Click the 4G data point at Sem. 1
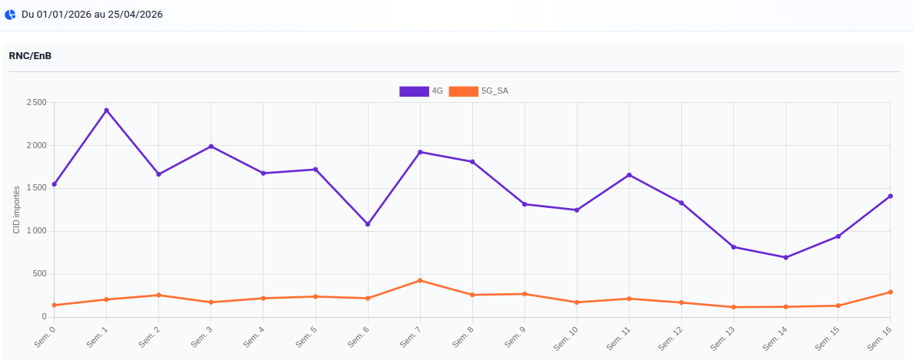point(107,111)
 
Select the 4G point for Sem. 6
point(368,224)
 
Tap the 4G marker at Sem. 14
point(786,257)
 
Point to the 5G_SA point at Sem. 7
point(420,281)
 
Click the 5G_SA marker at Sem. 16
point(890,292)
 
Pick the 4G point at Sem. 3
point(211,147)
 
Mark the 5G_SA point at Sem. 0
point(55,305)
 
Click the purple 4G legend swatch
point(414,91)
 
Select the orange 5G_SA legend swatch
point(463,91)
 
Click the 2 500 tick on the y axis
point(36,103)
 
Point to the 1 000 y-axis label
point(36,231)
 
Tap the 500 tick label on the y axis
point(40,274)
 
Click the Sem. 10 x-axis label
point(567,339)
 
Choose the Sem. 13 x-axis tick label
point(724,339)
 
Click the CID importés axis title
point(16,210)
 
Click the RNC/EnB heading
point(30,55)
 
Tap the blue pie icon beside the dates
point(10,15)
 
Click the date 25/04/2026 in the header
point(134,15)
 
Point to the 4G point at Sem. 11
point(629,175)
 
